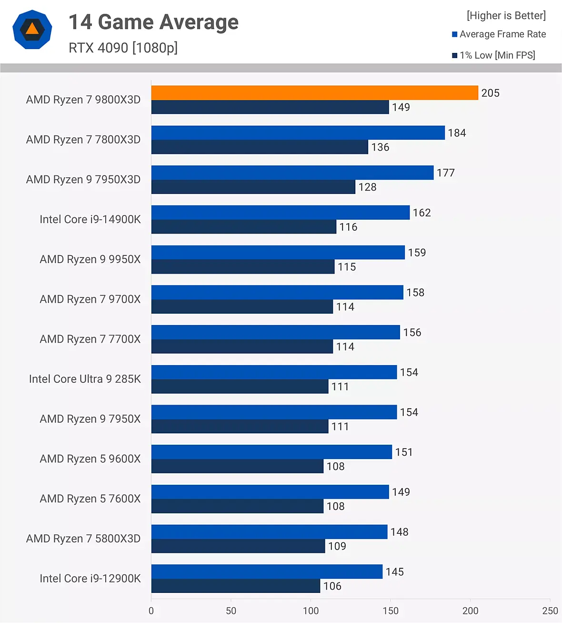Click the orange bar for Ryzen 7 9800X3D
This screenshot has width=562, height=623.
pyautogui.click(x=314, y=93)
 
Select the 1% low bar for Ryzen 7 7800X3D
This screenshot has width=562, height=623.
pyautogui.click(x=260, y=147)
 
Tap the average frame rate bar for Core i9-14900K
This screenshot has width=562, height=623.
pyautogui.click(x=280, y=213)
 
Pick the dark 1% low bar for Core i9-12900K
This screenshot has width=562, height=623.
pyautogui.click(x=235, y=586)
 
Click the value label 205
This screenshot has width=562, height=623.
pyautogui.click(x=490, y=93)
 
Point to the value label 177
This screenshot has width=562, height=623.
pyautogui.click(x=446, y=173)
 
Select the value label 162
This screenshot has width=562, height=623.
pyautogui.click(x=421, y=213)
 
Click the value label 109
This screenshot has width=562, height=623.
pyautogui.click(x=337, y=546)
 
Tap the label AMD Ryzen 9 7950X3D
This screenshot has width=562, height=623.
pyautogui.click(x=83, y=180)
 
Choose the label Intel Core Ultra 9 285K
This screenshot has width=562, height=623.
pyautogui.click(x=85, y=379)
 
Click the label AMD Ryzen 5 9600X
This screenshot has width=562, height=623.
pyautogui.click(x=90, y=459)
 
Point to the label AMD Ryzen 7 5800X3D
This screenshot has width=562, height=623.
pyautogui.click(x=83, y=539)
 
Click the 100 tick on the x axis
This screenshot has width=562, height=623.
pyautogui.click(x=311, y=611)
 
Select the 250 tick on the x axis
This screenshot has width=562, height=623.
pyautogui.click(x=550, y=611)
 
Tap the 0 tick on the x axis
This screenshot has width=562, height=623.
pyautogui.click(x=151, y=611)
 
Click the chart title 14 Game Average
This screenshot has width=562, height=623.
pyautogui.click(x=153, y=22)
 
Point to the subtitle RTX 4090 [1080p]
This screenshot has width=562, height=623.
pyautogui.click(x=123, y=48)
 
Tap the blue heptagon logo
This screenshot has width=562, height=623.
pyautogui.click(x=32, y=30)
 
